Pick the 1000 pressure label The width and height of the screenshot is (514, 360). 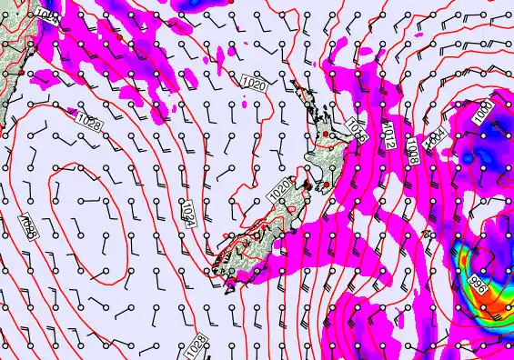coord(482,110)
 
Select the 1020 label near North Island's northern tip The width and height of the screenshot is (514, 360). coord(255,85)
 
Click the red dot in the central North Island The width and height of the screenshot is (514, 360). coord(325,135)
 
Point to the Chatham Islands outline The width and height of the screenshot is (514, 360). coord(430,235)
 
